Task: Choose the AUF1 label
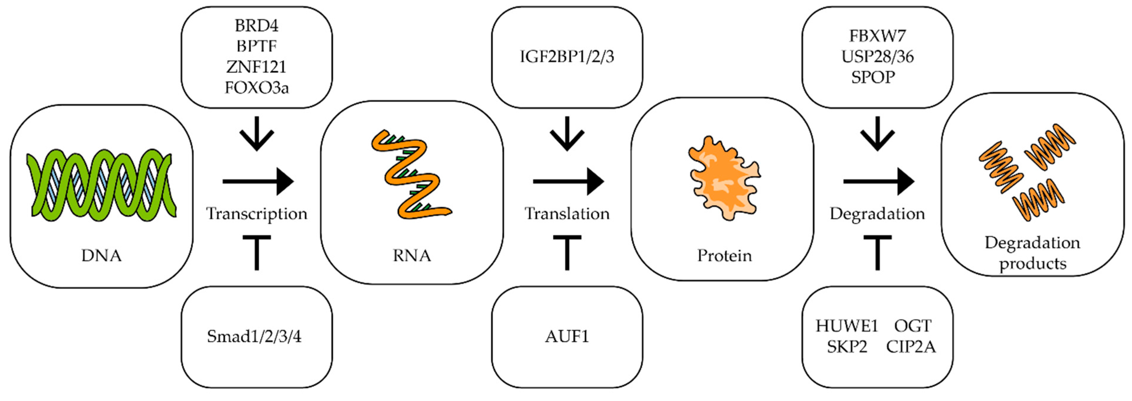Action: click(567, 336)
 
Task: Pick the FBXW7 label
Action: click(877, 36)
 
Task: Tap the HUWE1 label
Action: click(846, 326)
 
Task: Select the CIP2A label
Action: click(911, 347)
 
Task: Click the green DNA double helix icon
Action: click(102, 185)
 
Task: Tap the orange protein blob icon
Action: click(724, 178)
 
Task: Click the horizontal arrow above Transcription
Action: click(258, 181)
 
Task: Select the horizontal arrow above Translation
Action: click(568, 181)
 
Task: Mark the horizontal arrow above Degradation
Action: click(879, 181)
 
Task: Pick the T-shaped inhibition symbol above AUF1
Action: click(567, 252)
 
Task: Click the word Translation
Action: click(567, 214)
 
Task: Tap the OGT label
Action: click(912, 326)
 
